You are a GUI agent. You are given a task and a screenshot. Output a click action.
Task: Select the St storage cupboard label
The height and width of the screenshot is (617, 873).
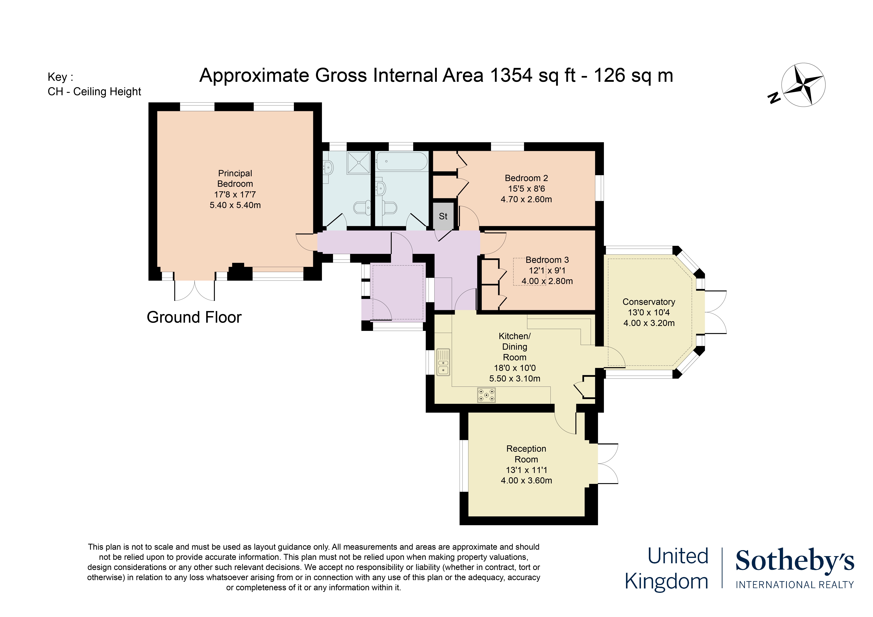click(x=443, y=216)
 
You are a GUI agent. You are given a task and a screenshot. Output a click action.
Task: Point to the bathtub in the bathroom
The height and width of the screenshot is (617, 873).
click(x=402, y=161)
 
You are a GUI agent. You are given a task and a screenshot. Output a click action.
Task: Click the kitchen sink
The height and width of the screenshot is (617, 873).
click(x=443, y=362)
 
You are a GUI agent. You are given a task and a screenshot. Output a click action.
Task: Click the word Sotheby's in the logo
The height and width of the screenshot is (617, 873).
click(x=795, y=560)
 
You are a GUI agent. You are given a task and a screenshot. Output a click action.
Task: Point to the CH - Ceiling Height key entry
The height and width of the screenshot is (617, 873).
click(x=94, y=91)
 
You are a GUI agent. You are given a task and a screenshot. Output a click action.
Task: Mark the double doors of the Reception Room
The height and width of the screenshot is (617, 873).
click(x=608, y=464)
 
